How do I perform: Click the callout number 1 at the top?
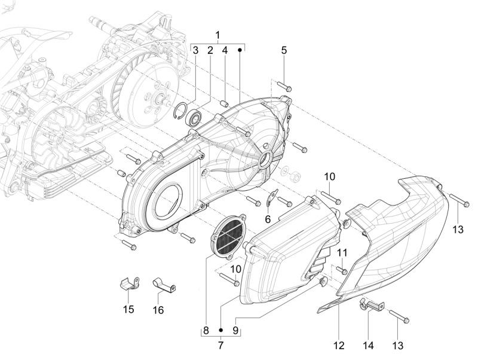click(x=218, y=34)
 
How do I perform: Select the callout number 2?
click(x=210, y=51)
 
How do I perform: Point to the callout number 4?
click(x=225, y=51)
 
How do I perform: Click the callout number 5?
click(x=284, y=51)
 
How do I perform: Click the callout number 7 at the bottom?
click(x=220, y=344)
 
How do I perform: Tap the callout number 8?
click(x=206, y=330)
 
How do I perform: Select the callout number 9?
click(x=235, y=330)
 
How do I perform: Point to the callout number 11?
click(x=342, y=253)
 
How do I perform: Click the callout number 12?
click(x=339, y=345)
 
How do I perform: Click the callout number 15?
click(x=128, y=309)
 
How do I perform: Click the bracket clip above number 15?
click(x=128, y=282)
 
